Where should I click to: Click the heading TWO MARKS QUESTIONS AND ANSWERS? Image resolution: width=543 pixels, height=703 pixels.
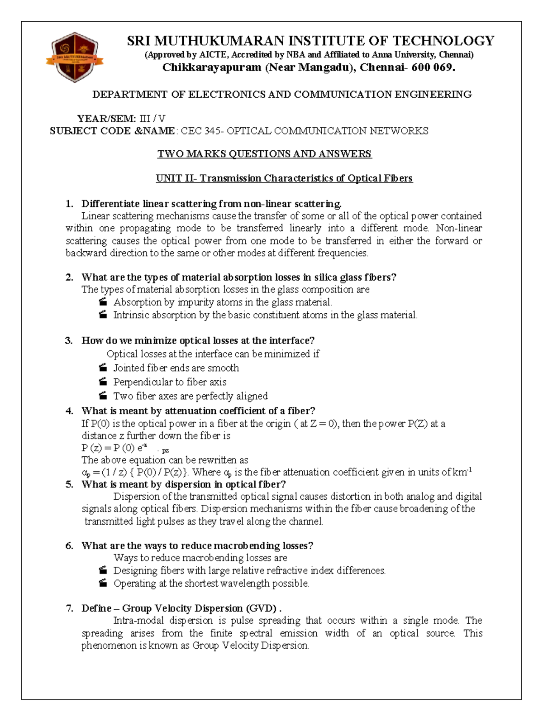click(264, 154)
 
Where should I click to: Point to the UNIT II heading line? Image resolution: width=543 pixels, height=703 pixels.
click(284, 178)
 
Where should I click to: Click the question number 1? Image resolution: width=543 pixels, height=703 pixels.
click(69, 204)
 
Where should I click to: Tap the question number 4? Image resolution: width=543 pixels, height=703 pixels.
click(69, 411)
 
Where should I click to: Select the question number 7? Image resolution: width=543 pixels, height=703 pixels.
click(69, 608)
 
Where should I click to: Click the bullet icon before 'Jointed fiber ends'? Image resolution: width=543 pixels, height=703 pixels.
click(103, 368)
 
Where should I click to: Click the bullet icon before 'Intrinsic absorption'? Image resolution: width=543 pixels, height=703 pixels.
click(103, 315)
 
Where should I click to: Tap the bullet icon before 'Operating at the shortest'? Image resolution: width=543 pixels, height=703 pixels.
click(103, 583)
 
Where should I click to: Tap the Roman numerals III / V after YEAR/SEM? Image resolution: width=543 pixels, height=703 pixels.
click(152, 119)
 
